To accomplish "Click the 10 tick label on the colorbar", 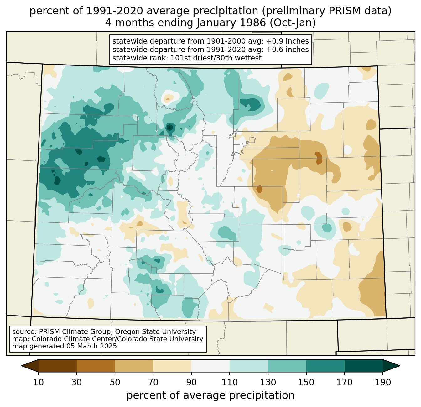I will (x=39, y=382).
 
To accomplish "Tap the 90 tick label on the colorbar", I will (x=191, y=382).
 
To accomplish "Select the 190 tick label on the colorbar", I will (x=382, y=382).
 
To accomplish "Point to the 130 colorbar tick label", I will (x=268, y=382).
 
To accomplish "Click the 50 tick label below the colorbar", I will (x=115, y=382).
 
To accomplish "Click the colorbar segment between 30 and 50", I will (x=96, y=366).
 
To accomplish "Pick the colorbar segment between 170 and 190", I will (x=363, y=366).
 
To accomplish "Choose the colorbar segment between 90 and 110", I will (x=210, y=366).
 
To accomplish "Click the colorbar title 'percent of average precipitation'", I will (x=210, y=395).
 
